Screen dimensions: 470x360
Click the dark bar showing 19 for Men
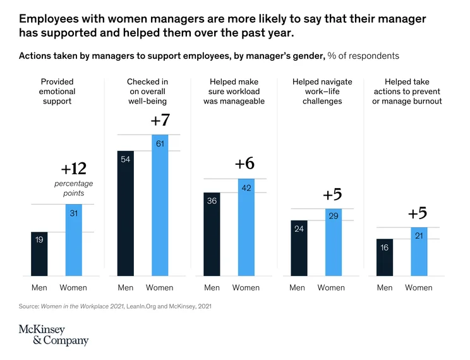tap(39, 254)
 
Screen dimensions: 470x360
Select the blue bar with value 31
tap(74, 240)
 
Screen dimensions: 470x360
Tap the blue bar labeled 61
tap(160, 205)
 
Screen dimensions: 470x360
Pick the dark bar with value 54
tap(126, 213)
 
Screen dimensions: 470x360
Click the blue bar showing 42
tap(246, 227)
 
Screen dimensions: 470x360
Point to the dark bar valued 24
tap(299, 248)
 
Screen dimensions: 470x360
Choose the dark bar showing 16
tap(385, 258)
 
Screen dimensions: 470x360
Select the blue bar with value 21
tap(419, 252)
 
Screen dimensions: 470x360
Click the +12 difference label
tap(74, 169)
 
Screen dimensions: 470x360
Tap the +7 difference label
tap(160, 120)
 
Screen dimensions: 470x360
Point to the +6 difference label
tap(245, 164)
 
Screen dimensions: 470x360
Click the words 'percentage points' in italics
tap(74, 188)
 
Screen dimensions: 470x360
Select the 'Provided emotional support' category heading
tap(57, 92)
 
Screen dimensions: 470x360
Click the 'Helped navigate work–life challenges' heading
tap(322, 92)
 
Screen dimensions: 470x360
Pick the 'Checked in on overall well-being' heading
tap(147, 92)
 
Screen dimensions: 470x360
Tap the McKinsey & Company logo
tap(54, 335)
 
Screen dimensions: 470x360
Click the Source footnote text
tap(115, 306)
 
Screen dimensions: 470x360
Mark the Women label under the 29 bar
tap(331, 288)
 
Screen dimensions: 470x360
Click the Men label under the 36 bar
tap(212, 288)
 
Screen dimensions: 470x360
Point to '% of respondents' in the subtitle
tap(363, 56)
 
